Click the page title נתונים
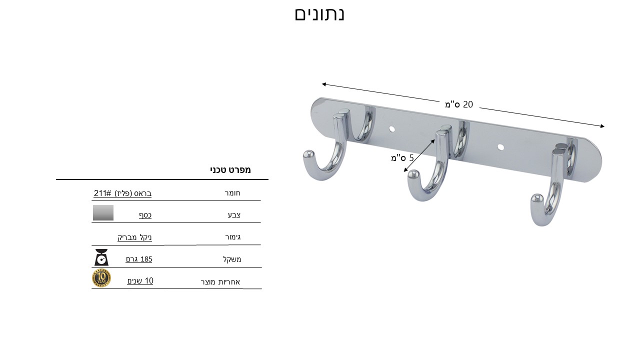(319, 14)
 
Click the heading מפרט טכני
(230, 170)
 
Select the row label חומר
(232, 193)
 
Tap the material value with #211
(122, 193)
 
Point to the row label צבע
(234, 215)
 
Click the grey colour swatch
(103, 212)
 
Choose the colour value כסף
(145, 215)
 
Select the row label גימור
(233, 237)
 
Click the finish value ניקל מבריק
(134, 237)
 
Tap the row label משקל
(232, 259)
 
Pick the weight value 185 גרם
(139, 259)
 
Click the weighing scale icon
(101, 257)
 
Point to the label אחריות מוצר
(220, 282)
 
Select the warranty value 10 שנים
(140, 281)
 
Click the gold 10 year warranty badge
(101, 278)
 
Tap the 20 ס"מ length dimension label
(459, 104)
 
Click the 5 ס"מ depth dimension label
(402, 157)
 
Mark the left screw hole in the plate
(391, 129)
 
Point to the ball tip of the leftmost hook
(309, 155)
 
